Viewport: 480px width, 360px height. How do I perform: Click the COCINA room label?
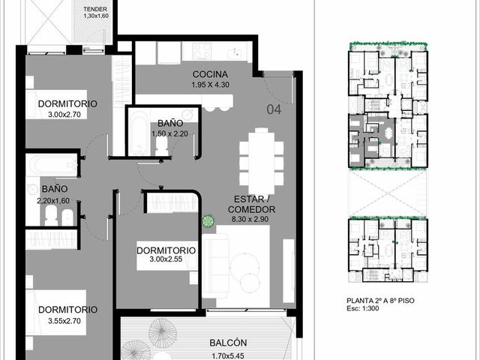point(210,74)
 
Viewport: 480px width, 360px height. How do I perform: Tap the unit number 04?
point(274,109)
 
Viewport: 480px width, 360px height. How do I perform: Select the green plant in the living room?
point(208,221)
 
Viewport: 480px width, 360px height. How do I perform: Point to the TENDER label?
point(95,9)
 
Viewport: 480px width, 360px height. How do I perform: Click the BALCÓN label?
point(228,343)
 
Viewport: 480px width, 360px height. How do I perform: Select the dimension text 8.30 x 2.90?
point(250,219)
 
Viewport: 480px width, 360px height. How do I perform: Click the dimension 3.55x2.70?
point(64,321)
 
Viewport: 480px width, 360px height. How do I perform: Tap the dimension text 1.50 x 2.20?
point(170,133)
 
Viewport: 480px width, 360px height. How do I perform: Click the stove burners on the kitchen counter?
point(202,50)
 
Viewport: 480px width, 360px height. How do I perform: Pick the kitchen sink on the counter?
point(235,52)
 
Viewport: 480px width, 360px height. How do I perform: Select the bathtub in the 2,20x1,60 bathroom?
point(52,165)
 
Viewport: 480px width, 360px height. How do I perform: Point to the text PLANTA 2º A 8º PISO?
point(380,301)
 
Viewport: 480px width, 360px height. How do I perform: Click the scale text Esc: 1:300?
point(363,308)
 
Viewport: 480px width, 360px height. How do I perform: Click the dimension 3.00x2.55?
point(166,259)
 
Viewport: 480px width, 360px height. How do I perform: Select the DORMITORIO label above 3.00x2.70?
point(67,103)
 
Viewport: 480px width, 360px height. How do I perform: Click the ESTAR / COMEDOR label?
point(251,204)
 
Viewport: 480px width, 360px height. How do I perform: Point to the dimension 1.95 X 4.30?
point(210,85)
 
